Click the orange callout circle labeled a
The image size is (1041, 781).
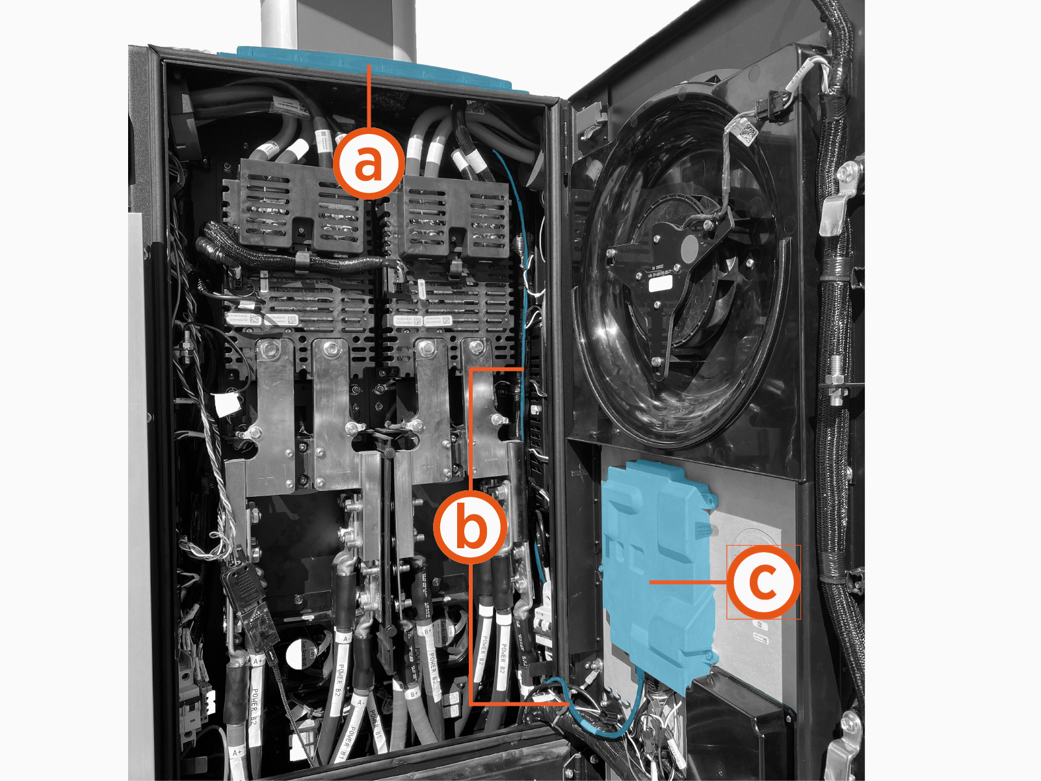point(369,163)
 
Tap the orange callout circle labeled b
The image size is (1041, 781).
point(471,527)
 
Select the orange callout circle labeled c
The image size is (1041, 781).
point(762,581)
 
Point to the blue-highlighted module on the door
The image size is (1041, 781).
point(657,572)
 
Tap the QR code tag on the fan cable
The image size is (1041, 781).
point(748,133)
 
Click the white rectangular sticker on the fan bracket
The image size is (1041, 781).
point(660,284)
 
